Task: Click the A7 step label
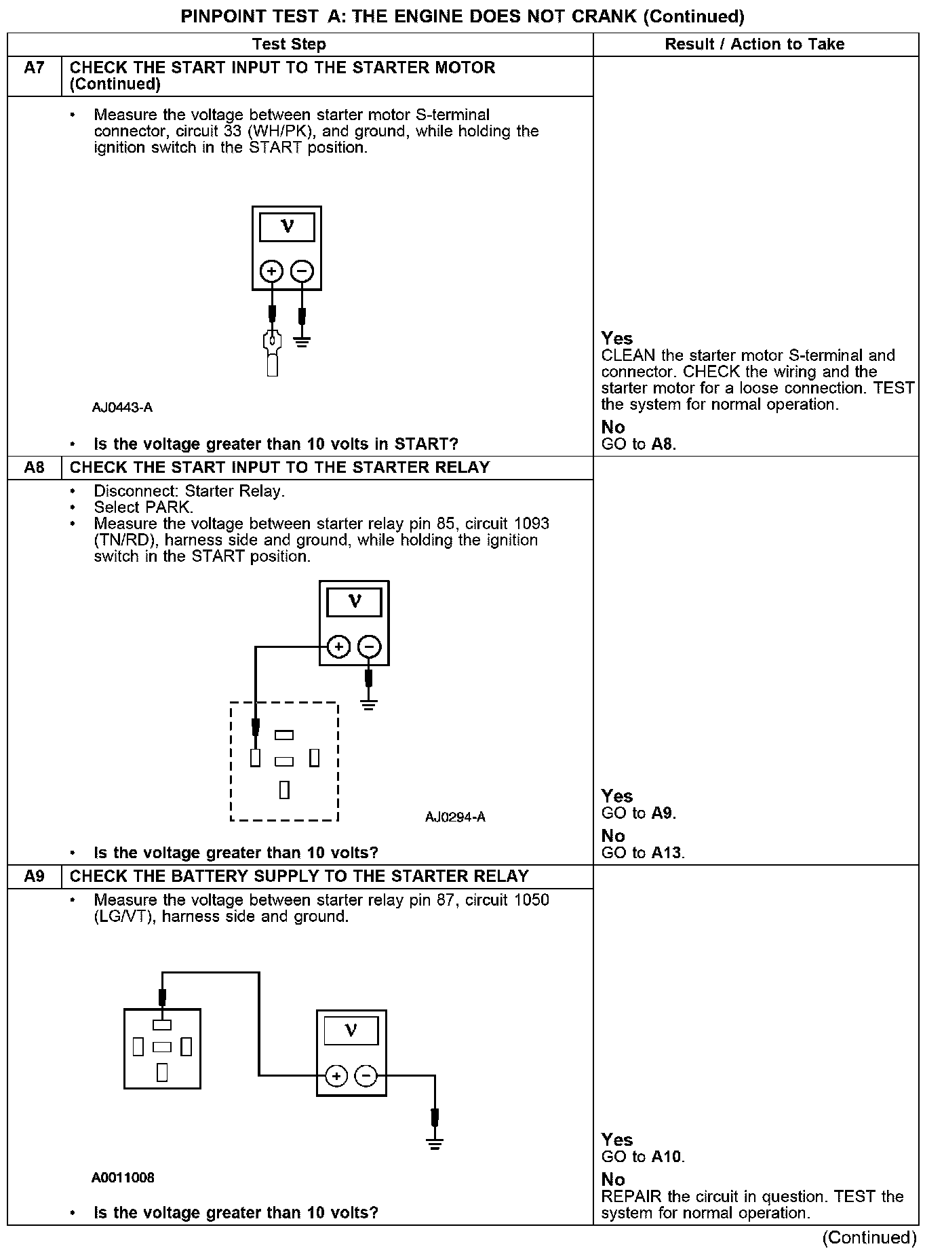[34, 68]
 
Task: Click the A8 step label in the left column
[34, 467]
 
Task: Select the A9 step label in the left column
[34, 876]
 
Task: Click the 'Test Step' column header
[289, 44]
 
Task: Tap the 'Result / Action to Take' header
[754, 44]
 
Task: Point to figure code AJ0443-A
[123, 408]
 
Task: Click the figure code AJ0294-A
[455, 817]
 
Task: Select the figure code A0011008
[123, 1178]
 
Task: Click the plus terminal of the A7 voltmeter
[271, 272]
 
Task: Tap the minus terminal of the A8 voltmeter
[369, 646]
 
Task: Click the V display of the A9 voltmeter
[351, 1031]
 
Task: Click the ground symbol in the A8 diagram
[368, 704]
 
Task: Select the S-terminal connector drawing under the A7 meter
[272, 353]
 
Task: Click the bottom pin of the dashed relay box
[284, 790]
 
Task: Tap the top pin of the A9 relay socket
[162, 1025]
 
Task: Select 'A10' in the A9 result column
[667, 1157]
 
